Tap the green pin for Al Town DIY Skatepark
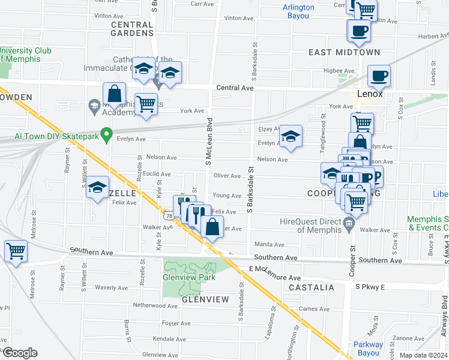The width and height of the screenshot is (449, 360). [107, 134]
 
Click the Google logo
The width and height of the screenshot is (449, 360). [19, 353]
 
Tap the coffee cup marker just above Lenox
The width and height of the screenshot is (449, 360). [379, 76]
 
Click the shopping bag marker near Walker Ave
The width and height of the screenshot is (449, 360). [212, 227]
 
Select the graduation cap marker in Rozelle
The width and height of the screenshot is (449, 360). [97, 187]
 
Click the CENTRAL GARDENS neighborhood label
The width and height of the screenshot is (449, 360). [132, 29]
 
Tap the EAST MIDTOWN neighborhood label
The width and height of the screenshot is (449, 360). [344, 53]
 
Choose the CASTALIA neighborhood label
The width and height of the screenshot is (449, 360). [311, 288]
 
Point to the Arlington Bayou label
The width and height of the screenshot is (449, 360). [298, 11]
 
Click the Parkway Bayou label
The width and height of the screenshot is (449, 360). [367, 349]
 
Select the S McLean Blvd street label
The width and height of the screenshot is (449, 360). [209, 145]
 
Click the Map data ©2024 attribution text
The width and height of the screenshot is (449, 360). [423, 355]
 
